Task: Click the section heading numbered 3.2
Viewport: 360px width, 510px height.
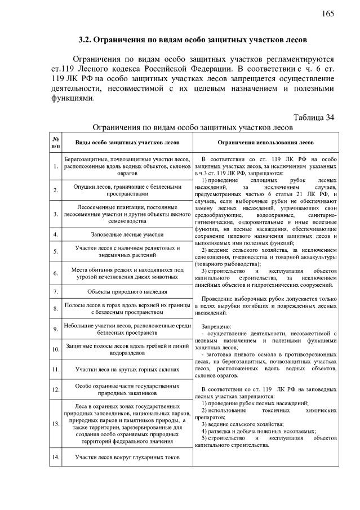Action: point(192,40)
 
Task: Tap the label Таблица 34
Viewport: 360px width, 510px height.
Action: point(314,117)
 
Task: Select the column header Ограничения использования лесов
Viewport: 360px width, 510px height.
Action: point(266,143)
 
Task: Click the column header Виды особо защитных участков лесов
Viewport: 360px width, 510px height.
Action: point(127,143)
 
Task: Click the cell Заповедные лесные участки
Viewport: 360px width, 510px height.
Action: point(127,234)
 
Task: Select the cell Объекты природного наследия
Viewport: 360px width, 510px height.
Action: point(127,291)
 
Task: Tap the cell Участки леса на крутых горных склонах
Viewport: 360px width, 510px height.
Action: point(127,370)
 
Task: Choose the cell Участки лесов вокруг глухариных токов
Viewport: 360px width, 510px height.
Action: point(127,457)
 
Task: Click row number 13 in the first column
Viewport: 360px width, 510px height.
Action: point(56,423)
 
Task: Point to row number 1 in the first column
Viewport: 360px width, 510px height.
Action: point(56,166)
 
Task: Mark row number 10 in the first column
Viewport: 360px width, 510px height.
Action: point(56,349)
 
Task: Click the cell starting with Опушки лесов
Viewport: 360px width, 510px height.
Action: point(127,190)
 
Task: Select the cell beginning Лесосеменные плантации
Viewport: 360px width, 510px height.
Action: point(127,214)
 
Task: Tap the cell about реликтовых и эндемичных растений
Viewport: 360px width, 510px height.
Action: point(127,251)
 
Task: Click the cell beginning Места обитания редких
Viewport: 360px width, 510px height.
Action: point(127,273)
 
